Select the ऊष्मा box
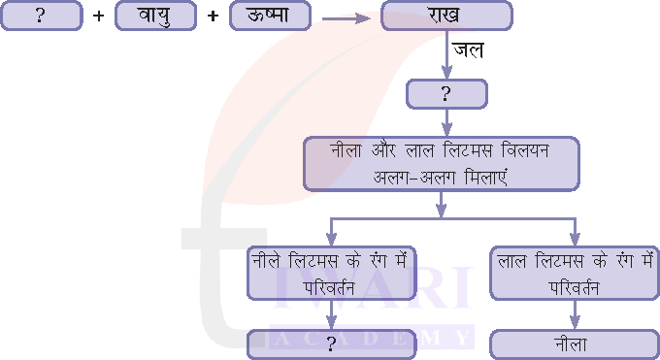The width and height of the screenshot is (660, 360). point(271,16)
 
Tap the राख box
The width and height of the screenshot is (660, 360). point(445,16)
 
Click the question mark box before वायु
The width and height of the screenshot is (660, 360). point(40,16)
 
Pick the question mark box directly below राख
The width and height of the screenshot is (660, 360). point(446,93)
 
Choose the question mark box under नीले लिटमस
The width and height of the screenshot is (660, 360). point(331,344)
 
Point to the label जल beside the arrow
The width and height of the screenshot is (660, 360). point(468,49)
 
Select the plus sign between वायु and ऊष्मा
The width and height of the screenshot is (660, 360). point(213,16)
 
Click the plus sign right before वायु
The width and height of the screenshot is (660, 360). point(97,16)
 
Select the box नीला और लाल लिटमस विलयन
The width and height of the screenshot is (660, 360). point(442,163)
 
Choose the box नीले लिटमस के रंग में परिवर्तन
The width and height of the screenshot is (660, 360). point(331,272)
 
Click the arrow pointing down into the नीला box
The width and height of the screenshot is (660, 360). point(574,315)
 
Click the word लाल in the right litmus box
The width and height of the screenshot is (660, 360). point(514,260)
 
